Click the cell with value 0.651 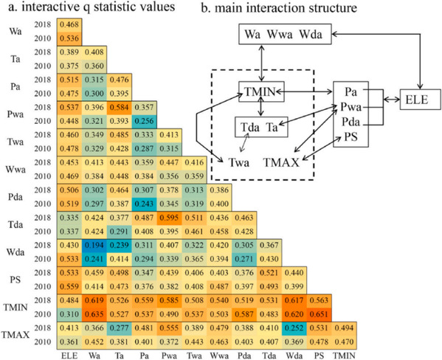click(x=319, y=314)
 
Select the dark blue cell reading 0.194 click(x=94, y=245)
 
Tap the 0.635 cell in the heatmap click(x=94, y=314)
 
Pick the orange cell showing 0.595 click(x=169, y=218)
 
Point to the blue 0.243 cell click(x=145, y=204)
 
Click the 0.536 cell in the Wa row click(x=69, y=38)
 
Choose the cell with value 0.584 click(x=120, y=108)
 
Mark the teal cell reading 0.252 click(x=294, y=328)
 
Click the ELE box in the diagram click(x=421, y=100)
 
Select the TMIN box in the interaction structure click(x=261, y=91)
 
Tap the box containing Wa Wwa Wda click(x=285, y=34)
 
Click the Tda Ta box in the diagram click(x=262, y=127)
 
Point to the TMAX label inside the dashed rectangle click(x=281, y=162)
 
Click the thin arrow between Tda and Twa click(x=244, y=142)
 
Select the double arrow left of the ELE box click(x=392, y=100)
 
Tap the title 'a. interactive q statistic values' click(x=91, y=7)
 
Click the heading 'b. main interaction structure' click(x=279, y=7)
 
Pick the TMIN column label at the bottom click(x=344, y=356)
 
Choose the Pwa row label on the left click(x=15, y=114)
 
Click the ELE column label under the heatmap click(x=69, y=356)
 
